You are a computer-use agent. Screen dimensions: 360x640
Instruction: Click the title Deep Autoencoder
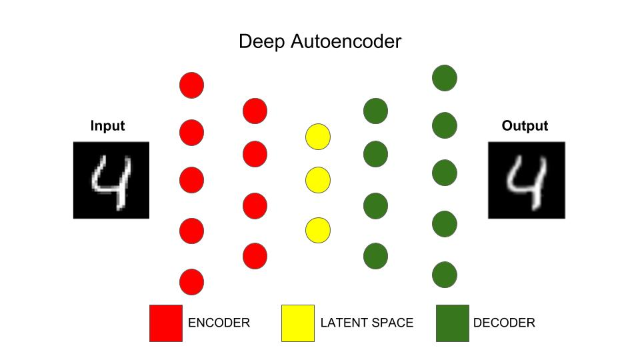click(320, 42)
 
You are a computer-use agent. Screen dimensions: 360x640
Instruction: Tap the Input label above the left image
click(107, 126)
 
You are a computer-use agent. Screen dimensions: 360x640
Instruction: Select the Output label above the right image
click(525, 126)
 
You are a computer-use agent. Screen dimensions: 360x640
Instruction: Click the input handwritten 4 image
click(111, 180)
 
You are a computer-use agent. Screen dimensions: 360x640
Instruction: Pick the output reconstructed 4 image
click(527, 180)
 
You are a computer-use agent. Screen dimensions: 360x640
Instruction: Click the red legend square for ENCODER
click(166, 323)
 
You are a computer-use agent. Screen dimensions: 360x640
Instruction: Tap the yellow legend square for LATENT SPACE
click(298, 323)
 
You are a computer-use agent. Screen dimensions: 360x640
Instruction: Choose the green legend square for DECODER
click(453, 323)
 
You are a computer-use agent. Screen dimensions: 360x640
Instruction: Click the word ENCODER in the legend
click(219, 323)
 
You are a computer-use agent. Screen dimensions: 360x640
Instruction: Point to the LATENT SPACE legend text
click(367, 323)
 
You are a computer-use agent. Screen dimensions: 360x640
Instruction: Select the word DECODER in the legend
click(504, 323)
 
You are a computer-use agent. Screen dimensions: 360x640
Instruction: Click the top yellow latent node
click(318, 137)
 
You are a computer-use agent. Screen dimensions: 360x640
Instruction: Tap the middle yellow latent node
click(318, 179)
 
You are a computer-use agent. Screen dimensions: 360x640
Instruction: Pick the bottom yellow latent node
click(318, 230)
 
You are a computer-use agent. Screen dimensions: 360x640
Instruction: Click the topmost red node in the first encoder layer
click(191, 85)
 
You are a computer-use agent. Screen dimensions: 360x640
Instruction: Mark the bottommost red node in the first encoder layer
click(191, 282)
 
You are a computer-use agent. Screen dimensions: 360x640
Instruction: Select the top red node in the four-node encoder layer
click(255, 111)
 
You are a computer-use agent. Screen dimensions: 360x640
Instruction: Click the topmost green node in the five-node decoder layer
click(445, 77)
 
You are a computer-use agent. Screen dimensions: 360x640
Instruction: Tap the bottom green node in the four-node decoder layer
click(375, 255)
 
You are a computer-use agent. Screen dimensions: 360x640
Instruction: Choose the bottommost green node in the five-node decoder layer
click(445, 274)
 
